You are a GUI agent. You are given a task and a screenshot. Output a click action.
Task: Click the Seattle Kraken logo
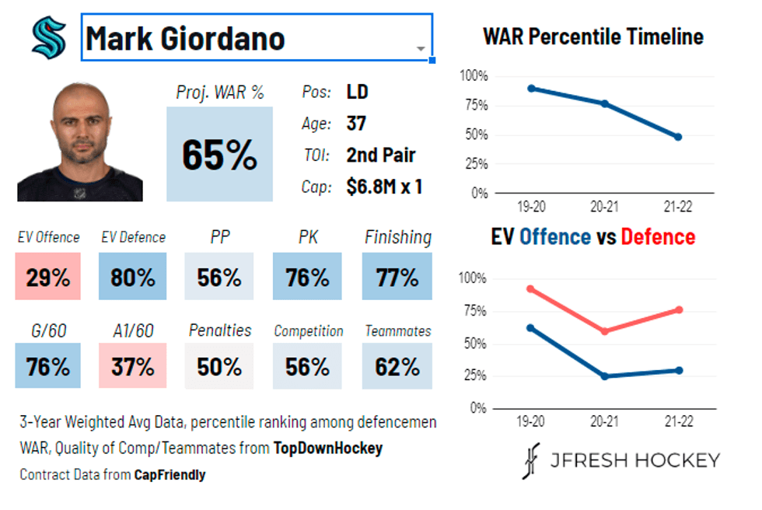pos(48,37)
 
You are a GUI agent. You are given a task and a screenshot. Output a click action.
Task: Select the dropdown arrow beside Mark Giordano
pos(421,48)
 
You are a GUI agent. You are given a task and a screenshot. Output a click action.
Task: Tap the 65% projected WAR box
pos(219,155)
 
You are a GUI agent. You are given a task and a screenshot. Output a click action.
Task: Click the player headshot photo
pos(80,141)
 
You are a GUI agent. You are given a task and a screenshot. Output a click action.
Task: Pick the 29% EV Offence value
pos(48,277)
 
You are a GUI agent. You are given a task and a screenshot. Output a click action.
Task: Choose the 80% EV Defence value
pos(133,277)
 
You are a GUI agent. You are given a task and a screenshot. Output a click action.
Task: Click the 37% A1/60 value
pos(133,366)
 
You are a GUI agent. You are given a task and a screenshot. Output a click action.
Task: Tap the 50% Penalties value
pos(218,366)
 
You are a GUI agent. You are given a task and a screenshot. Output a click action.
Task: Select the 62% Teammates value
pos(397,366)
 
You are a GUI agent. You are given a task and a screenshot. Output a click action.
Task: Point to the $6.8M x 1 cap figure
pos(384,187)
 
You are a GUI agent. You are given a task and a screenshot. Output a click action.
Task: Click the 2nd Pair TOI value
pos(380,155)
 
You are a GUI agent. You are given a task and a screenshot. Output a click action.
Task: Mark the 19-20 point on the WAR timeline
pos(531,89)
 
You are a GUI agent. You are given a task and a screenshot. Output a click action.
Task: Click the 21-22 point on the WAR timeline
pos(678,137)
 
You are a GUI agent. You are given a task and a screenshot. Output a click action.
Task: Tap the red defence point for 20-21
pos(605,331)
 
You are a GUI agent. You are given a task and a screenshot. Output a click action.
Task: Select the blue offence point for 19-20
pos(531,328)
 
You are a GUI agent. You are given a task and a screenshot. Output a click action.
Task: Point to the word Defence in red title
pos(658,236)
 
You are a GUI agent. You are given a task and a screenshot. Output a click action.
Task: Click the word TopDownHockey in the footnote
pos(327,449)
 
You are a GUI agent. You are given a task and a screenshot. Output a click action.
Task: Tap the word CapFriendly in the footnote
pos(170,474)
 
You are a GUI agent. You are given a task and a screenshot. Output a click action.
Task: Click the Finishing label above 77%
pos(397,237)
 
